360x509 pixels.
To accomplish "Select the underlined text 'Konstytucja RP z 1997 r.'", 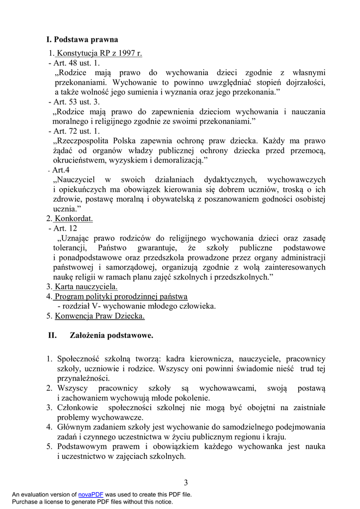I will (x=99, y=54).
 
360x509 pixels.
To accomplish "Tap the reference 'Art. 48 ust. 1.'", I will (x=76, y=63).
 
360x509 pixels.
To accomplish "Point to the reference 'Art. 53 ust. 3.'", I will (x=76, y=102).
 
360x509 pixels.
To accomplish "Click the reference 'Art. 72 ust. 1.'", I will (x=76, y=131).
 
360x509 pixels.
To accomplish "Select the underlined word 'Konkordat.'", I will (x=74, y=218).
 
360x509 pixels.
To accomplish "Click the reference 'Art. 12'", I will (x=65, y=228).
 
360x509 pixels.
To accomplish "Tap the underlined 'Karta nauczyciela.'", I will (x=86, y=286).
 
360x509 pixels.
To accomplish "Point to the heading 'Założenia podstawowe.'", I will (x=112, y=336).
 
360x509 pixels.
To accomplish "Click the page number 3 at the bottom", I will (x=186, y=482).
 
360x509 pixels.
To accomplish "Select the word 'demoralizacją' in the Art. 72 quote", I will (x=175, y=160).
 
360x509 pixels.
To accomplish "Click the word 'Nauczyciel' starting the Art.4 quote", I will (x=78, y=179).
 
